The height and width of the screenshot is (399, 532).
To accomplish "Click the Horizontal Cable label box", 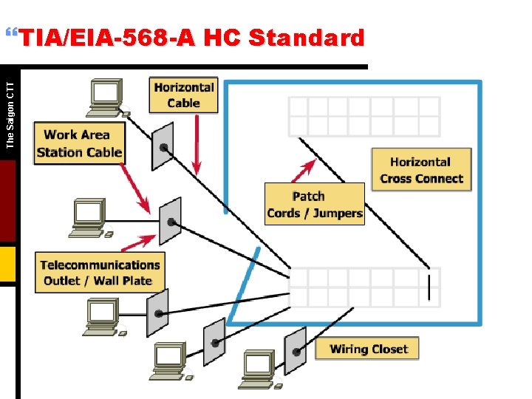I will [183, 95].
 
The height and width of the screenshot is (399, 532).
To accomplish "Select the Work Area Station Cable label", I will [79, 143].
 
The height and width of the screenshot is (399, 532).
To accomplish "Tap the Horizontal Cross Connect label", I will [421, 170].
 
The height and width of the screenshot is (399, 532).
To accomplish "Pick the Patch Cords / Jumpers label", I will [315, 205].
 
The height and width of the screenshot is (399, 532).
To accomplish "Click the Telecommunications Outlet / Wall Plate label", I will [100, 272].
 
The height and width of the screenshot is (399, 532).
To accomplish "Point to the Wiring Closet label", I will [367, 349].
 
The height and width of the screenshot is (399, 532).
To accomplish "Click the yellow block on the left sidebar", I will [7, 265].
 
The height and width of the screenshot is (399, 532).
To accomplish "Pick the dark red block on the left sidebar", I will [7, 200].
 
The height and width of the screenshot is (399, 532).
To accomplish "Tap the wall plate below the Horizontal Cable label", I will [163, 146].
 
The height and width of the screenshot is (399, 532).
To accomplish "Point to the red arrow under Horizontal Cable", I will [196, 140].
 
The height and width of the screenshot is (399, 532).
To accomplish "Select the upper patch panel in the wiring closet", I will [364, 116].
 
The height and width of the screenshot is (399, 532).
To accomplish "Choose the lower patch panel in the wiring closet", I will [364, 287].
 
